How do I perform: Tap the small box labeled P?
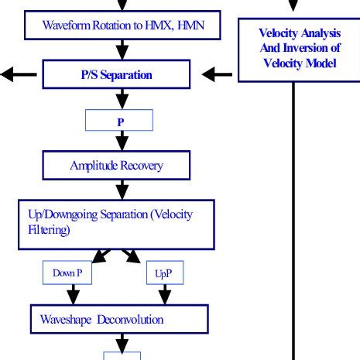click(x=120, y=120)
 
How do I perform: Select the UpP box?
click(x=163, y=273)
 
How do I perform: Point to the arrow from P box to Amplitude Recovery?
click(x=121, y=141)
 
